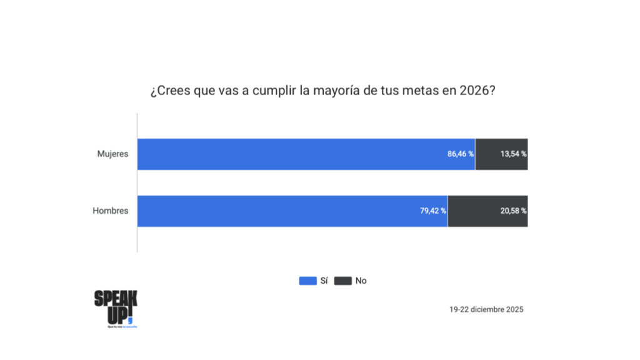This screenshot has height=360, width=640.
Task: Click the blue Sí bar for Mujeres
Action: (300, 154)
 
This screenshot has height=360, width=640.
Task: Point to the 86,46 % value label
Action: (461, 154)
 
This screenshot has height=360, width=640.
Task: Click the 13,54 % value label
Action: (513, 154)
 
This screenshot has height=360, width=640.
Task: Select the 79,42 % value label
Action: (432, 211)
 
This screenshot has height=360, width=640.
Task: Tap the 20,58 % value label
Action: (513, 211)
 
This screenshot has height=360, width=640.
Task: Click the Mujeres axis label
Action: (112, 154)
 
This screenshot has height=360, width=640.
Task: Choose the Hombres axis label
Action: (111, 211)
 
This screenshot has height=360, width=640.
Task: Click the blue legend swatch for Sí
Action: (308, 281)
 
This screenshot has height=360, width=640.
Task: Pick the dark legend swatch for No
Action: (343, 281)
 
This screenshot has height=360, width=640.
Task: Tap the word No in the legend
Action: (361, 281)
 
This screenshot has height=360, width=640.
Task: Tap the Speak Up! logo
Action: (116, 308)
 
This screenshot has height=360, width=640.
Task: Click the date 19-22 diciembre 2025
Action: (486, 309)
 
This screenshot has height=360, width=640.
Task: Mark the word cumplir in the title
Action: (274, 91)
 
